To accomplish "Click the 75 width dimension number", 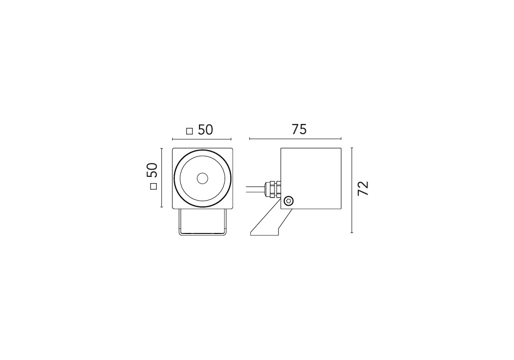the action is pos(299,130).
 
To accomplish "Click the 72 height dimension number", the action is pos(363,188).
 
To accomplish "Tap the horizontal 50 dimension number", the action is pos(206,130).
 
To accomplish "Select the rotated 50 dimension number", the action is pos(152,170).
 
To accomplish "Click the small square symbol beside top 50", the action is pos(189,131).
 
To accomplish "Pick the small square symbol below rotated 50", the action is pos(153,186).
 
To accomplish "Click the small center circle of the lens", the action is pos(202,178).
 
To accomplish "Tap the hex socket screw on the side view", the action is pos(288,201).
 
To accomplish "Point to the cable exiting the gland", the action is pos(255,189).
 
